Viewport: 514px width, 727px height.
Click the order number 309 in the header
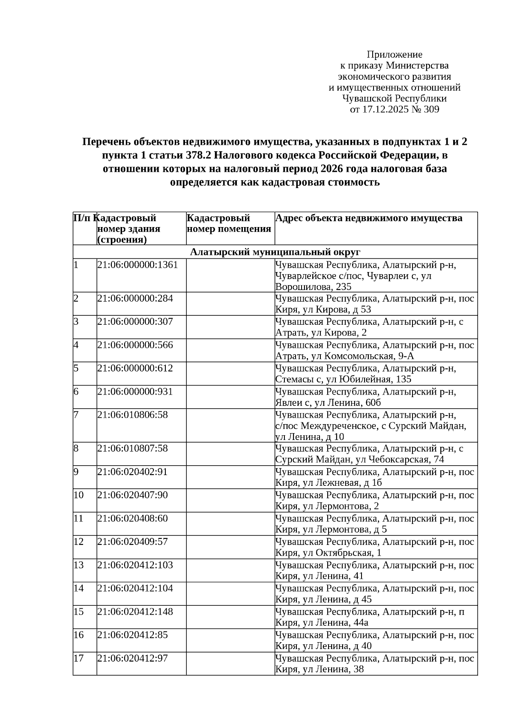(x=431, y=110)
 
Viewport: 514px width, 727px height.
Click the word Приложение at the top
(x=394, y=54)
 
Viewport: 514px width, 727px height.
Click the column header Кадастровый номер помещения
(x=229, y=224)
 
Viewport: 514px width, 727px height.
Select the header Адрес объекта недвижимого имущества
(x=368, y=218)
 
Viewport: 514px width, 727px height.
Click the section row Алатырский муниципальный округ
(x=275, y=252)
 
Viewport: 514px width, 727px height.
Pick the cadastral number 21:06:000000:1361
(x=137, y=265)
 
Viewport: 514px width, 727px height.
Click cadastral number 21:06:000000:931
(x=135, y=392)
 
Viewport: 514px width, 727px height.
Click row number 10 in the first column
(x=79, y=495)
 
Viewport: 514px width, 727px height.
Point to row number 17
(x=79, y=658)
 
